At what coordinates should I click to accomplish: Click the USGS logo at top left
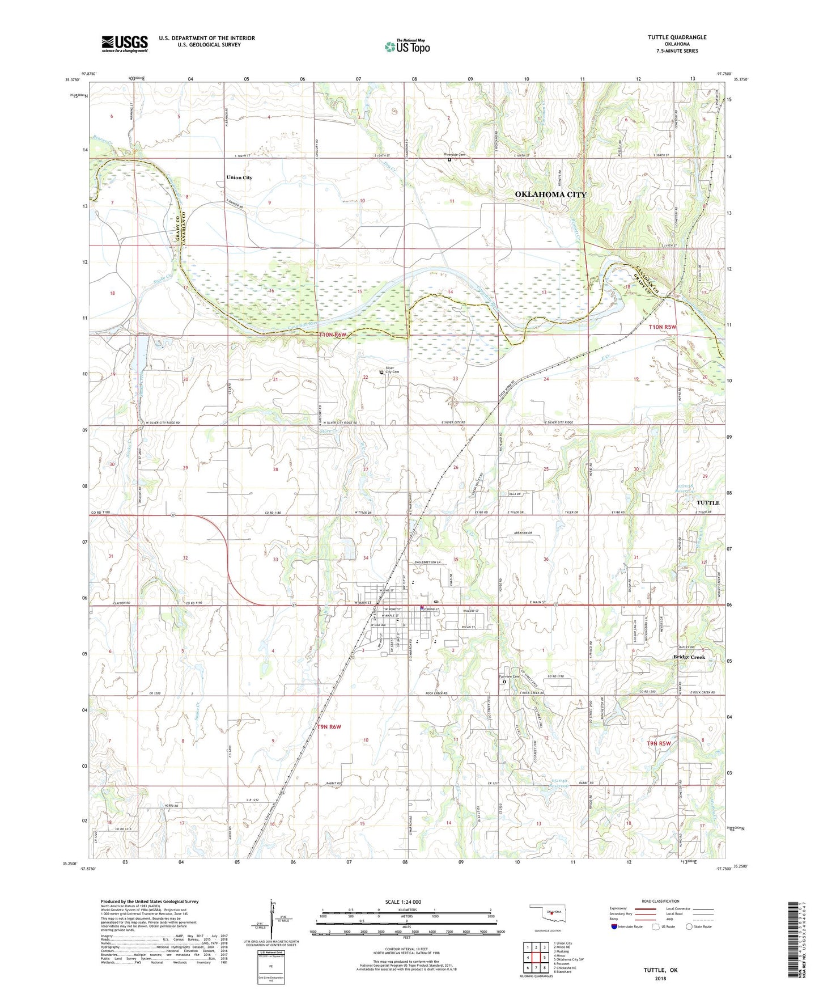[125, 44]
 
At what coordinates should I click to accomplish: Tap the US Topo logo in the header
[406, 46]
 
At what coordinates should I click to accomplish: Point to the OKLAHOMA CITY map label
[550, 194]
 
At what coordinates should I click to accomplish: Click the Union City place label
[239, 177]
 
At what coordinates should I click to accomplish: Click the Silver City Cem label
[392, 370]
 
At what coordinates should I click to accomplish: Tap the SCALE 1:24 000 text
[403, 902]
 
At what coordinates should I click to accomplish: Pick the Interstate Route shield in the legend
[614, 927]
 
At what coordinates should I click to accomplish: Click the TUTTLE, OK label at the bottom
[660, 970]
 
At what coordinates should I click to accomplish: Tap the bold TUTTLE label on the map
[707, 503]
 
